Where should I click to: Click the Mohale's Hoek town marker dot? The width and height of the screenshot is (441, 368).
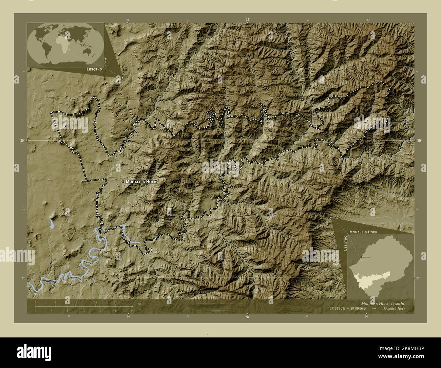pos(123,182)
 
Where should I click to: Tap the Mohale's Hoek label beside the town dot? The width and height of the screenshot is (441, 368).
pos(141,182)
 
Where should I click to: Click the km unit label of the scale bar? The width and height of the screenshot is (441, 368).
pos(139,304)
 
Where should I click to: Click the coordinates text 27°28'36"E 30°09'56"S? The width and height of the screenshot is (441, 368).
pos(349,308)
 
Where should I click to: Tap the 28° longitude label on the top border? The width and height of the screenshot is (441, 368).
pos(248,20)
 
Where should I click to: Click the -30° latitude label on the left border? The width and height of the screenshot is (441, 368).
pos(21,140)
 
